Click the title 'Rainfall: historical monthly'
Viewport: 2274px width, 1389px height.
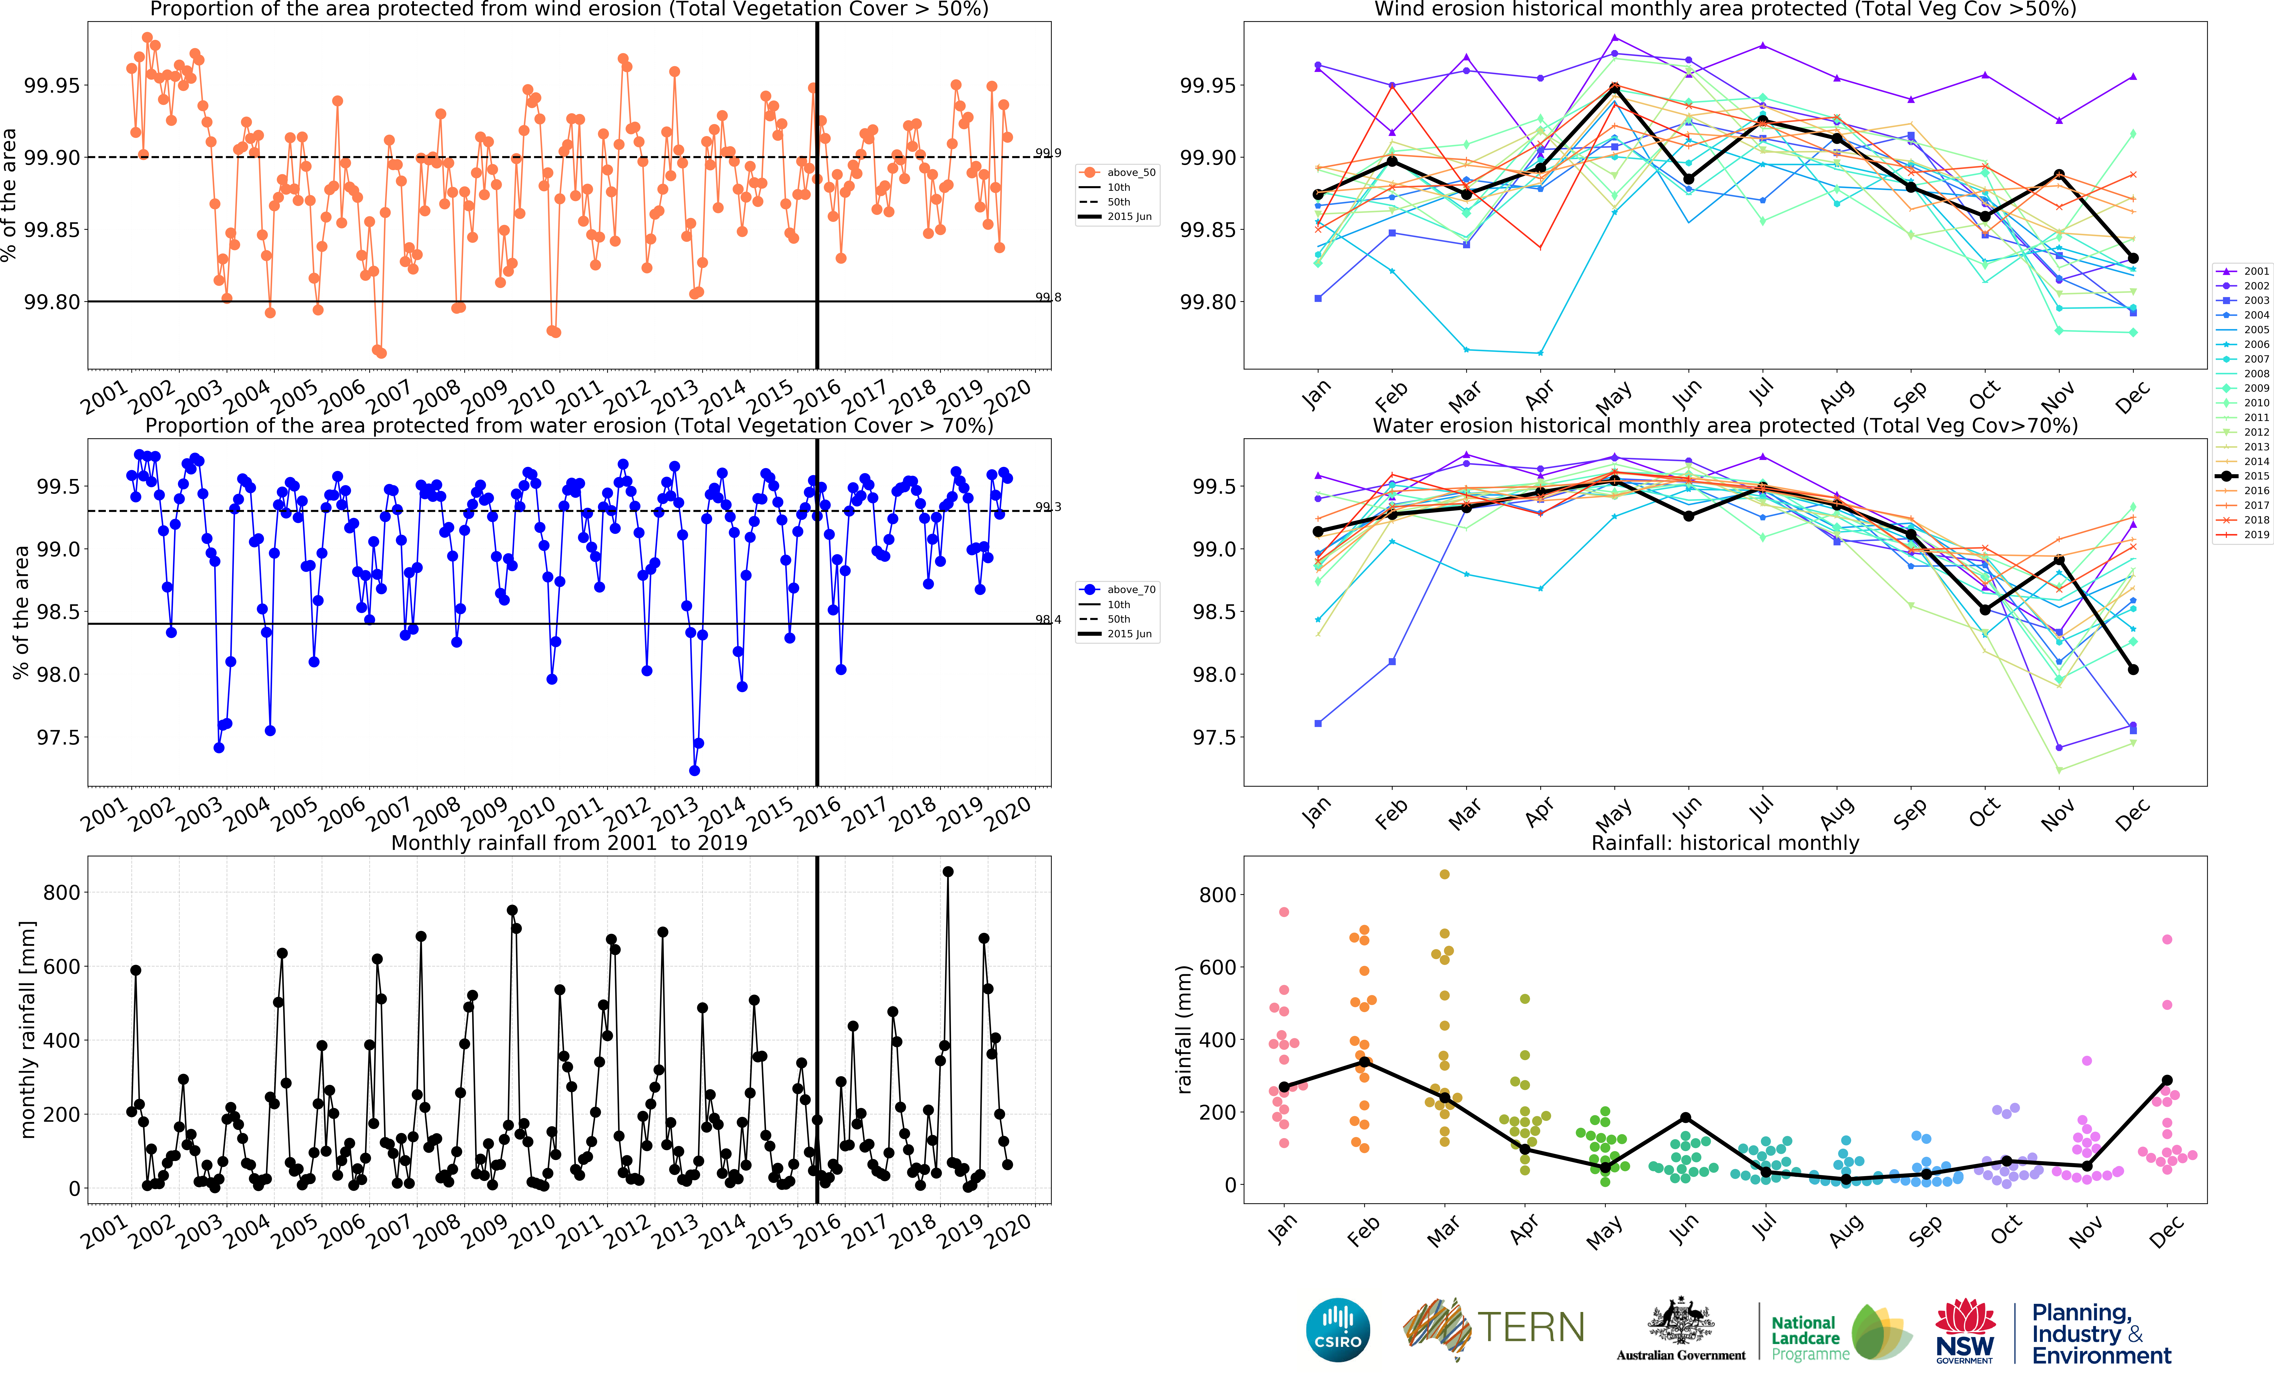point(1725,843)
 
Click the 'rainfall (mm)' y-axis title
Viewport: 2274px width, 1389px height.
point(1184,1029)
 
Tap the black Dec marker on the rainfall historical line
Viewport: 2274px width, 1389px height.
point(2167,1080)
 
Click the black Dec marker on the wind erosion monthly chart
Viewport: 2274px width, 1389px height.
point(2133,258)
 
